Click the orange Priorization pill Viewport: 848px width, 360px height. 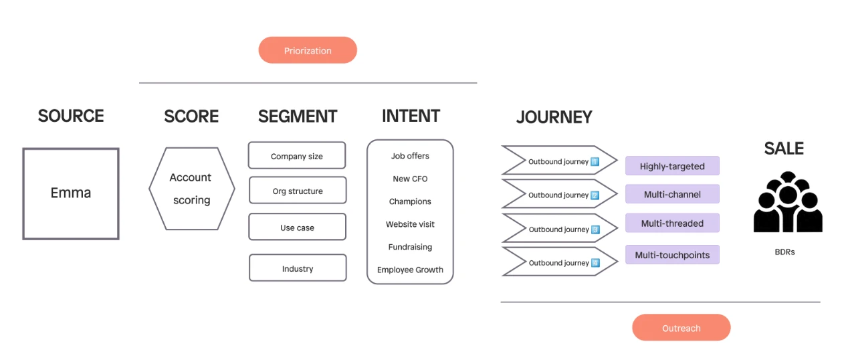click(308, 50)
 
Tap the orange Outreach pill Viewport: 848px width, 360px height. click(681, 327)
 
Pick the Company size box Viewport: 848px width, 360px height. click(297, 155)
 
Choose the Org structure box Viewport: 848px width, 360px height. click(298, 190)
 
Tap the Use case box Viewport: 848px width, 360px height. click(297, 227)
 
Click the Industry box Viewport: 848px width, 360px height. click(298, 268)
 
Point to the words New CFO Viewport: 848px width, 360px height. click(410, 179)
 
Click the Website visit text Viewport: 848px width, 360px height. click(410, 224)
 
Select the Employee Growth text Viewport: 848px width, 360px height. click(410, 270)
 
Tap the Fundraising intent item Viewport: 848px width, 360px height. click(410, 247)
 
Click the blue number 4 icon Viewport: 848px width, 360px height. click(595, 262)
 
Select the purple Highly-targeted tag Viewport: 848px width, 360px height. click(672, 165)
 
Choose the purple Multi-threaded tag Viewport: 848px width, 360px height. click(672, 223)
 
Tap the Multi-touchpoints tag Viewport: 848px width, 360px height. click(672, 255)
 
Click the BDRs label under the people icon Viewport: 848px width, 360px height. click(784, 252)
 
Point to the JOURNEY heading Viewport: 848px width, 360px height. click(554, 117)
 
